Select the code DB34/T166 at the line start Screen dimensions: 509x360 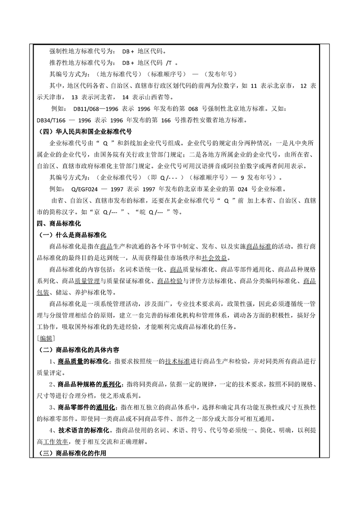pos(53,120)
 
